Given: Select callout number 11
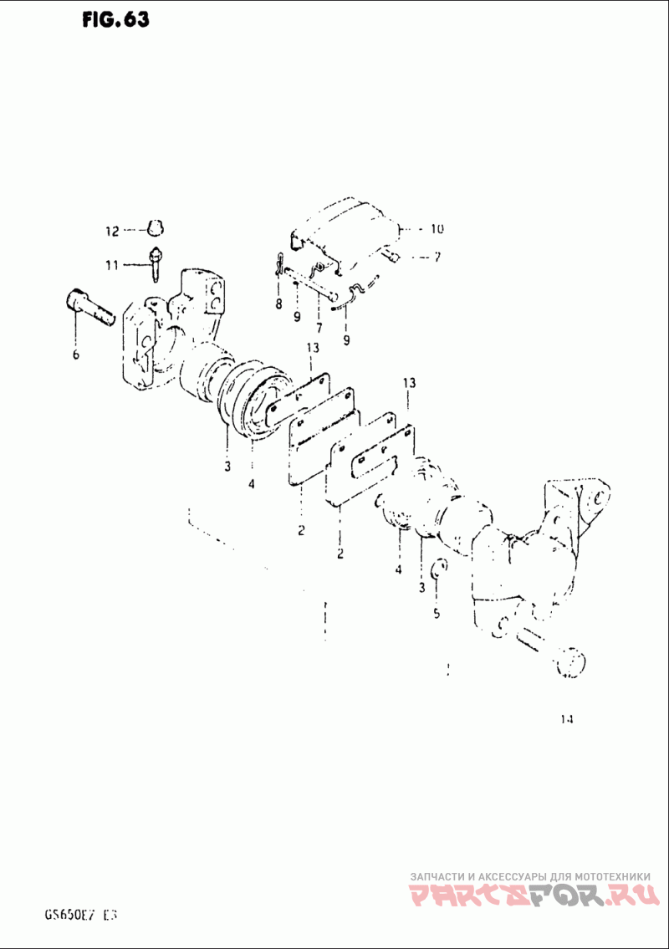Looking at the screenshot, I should point(112,265).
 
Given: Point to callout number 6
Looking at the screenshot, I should point(76,355).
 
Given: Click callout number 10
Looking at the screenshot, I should point(437,228).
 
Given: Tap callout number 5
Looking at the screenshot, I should point(436,614).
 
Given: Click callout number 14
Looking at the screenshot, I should point(569,718).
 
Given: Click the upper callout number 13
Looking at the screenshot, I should point(313,348).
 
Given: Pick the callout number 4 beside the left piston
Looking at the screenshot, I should point(251,484).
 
